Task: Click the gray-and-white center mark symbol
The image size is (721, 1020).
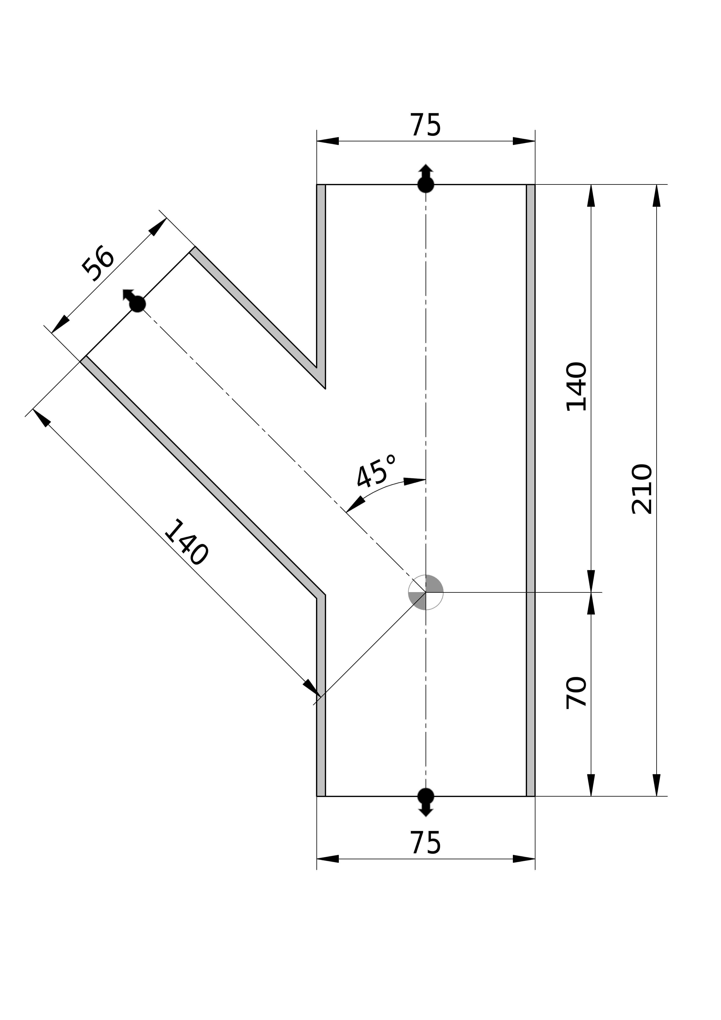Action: click(426, 592)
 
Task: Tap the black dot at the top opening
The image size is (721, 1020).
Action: click(426, 184)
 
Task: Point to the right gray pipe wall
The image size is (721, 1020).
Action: click(530, 489)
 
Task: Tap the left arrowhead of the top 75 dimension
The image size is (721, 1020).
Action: click(328, 141)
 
